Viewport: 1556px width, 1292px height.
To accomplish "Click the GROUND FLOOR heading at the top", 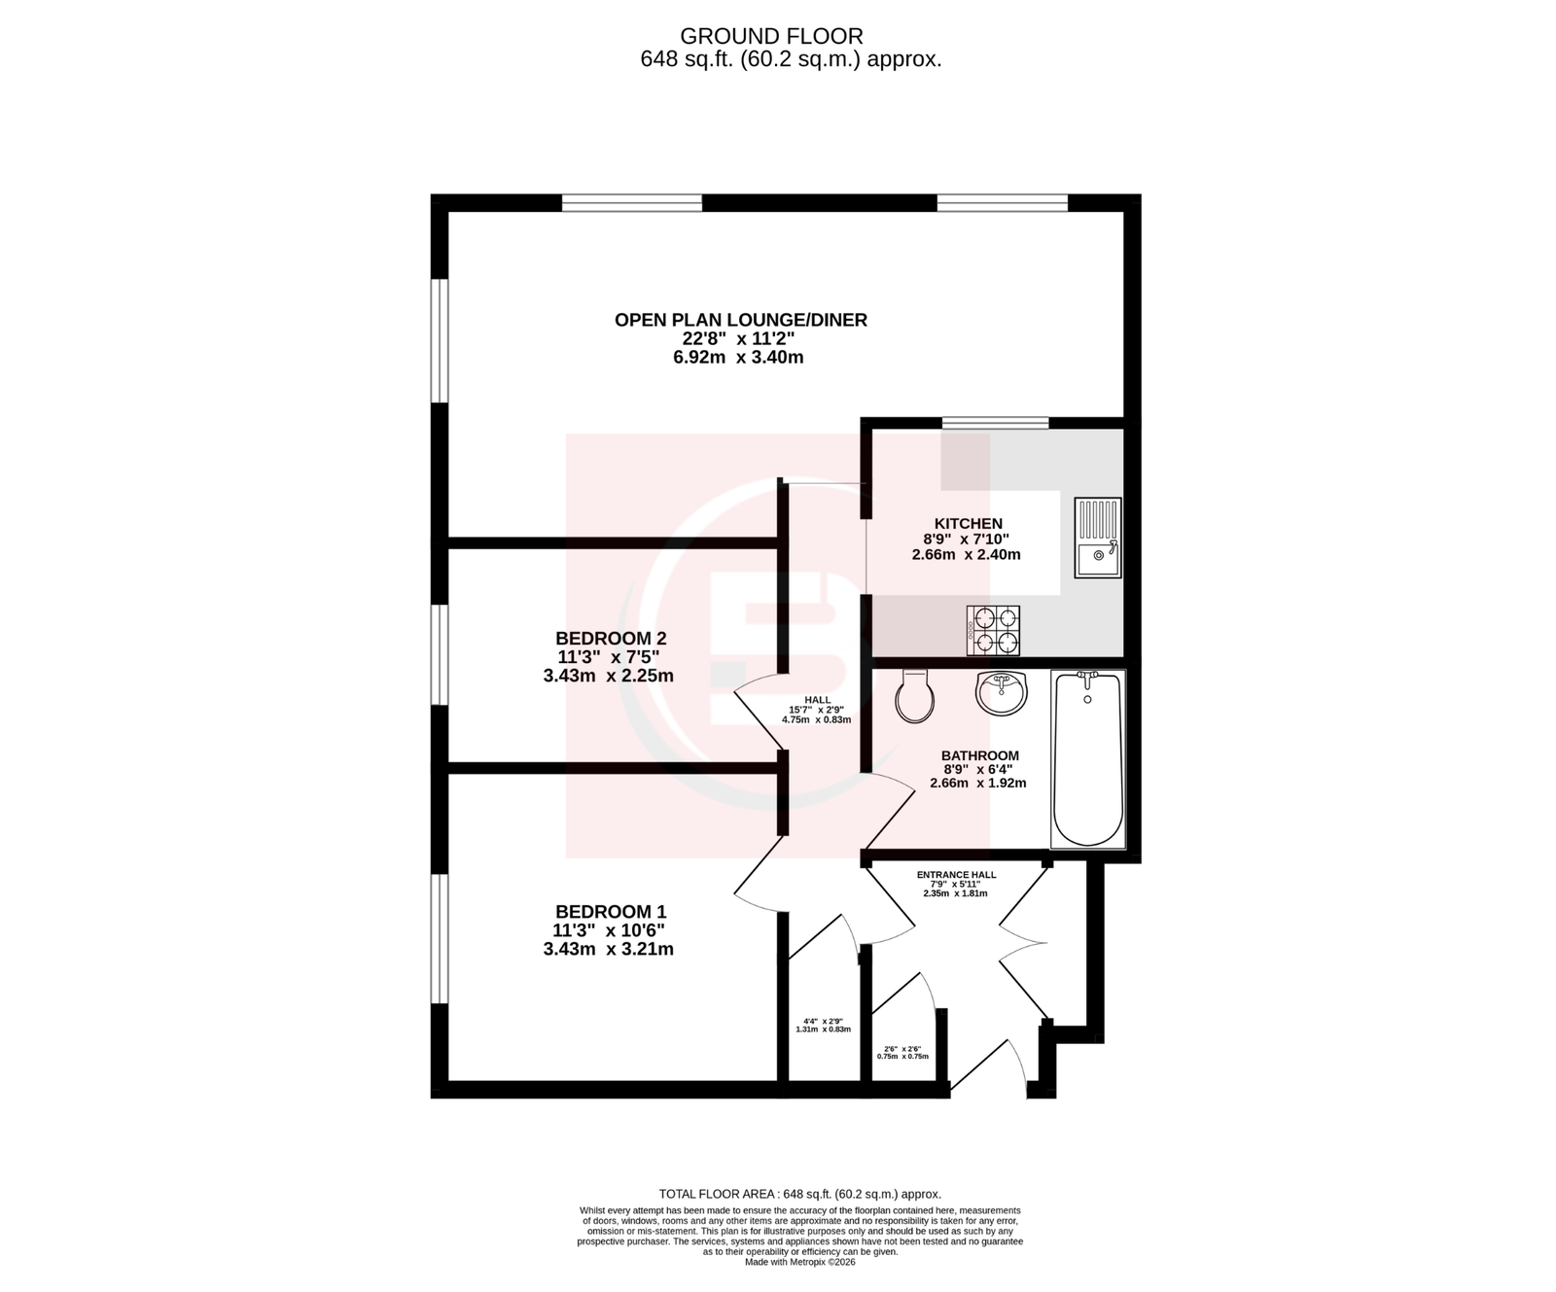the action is [x=771, y=36].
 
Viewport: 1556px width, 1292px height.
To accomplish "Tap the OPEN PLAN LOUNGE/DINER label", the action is [x=741, y=320].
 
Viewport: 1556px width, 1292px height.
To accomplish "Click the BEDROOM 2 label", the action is [x=611, y=639].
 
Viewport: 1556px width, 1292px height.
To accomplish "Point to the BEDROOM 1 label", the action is [x=611, y=912].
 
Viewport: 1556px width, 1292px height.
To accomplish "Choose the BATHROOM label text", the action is [x=980, y=755].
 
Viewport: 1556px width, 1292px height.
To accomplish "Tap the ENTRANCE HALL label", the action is [x=957, y=875].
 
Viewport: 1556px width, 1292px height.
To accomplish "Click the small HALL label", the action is [x=818, y=700].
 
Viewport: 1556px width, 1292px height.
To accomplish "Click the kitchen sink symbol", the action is [x=1098, y=538].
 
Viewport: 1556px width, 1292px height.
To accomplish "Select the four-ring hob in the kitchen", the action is [x=993, y=629].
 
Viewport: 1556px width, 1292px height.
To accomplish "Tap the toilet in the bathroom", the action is [x=914, y=695].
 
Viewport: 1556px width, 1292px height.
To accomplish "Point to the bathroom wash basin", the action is [x=1001, y=692].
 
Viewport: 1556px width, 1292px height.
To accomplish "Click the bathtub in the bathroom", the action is [x=1088, y=759].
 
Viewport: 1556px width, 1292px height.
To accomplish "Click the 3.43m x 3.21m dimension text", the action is [x=609, y=949].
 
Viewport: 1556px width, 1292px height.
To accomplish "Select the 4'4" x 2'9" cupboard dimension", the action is [x=823, y=1021].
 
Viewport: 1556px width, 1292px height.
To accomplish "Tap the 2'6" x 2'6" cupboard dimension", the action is [x=902, y=1049].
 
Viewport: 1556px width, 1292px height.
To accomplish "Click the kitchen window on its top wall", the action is [x=996, y=422].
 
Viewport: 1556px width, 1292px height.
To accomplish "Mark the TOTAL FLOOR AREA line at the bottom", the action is [x=800, y=1194].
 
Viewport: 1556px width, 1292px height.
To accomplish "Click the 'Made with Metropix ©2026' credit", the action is [x=800, y=1262].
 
